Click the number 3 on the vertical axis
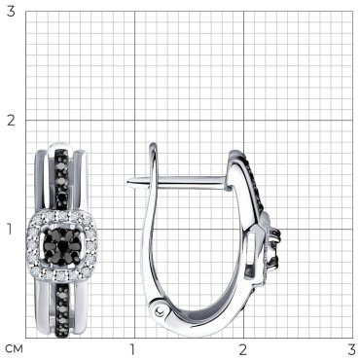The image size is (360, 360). tap(11, 12)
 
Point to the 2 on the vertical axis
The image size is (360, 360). tap(11, 121)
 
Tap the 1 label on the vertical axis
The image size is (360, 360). tap(11, 230)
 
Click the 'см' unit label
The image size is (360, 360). tap(15, 349)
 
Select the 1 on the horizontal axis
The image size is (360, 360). tap(132, 349)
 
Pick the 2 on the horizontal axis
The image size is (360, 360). tap(243, 349)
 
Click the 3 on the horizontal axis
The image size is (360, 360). tap(352, 349)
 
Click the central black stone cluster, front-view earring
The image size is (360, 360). tap(62, 245)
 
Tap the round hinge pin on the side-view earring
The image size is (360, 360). tap(159, 311)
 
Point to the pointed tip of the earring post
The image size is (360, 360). tap(127, 182)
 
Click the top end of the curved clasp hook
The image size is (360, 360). tap(153, 144)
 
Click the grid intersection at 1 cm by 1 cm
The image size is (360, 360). tap(135, 230)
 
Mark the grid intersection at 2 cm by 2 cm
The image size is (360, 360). tap(244, 121)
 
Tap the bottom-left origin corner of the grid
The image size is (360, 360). tap(26, 339)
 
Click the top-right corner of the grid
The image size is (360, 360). tap(352, 12)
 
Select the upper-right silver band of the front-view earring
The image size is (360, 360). tap(81, 182)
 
